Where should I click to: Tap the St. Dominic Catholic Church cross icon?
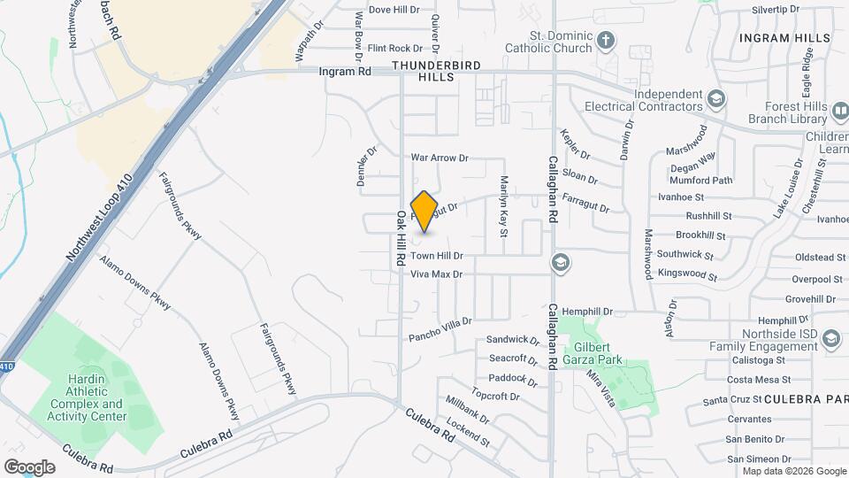click(606, 40)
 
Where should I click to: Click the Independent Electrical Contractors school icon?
click(715, 96)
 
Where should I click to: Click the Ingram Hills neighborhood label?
click(784, 38)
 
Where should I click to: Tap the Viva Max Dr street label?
click(436, 274)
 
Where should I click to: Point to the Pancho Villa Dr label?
click(440, 329)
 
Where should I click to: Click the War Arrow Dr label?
click(439, 158)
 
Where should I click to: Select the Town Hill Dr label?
click(436, 256)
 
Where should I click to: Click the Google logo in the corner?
click(29, 466)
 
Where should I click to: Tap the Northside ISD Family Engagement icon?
click(831, 338)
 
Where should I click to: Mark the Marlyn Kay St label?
click(503, 208)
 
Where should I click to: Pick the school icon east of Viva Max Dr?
click(559, 262)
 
